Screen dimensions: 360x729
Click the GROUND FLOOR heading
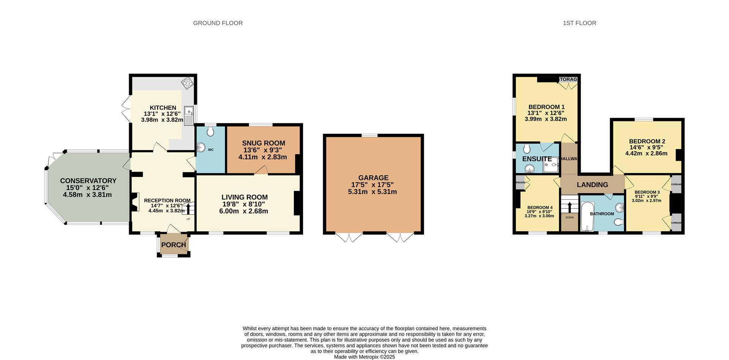tap(218, 23)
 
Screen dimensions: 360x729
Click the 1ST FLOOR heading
tap(579, 23)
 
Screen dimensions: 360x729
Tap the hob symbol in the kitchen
tap(187, 83)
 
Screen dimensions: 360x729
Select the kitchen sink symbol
tap(189, 115)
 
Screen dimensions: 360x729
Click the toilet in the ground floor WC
tap(210, 131)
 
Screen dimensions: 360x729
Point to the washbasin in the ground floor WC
tap(201, 148)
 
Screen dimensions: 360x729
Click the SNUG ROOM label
tap(263, 143)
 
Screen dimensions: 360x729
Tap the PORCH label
tap(174, 245)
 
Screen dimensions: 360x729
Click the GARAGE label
tap(373, 178)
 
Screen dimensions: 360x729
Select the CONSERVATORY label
tap(88, 181)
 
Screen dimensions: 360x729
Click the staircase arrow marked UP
tap(188, 208)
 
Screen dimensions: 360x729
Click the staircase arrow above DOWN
tap(570, 207)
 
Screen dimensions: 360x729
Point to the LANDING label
tap(592, 185)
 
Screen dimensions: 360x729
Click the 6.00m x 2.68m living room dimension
tap(243, 211)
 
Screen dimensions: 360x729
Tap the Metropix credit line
tap(364, 357)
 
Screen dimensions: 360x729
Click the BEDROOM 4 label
tap(540, 208)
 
